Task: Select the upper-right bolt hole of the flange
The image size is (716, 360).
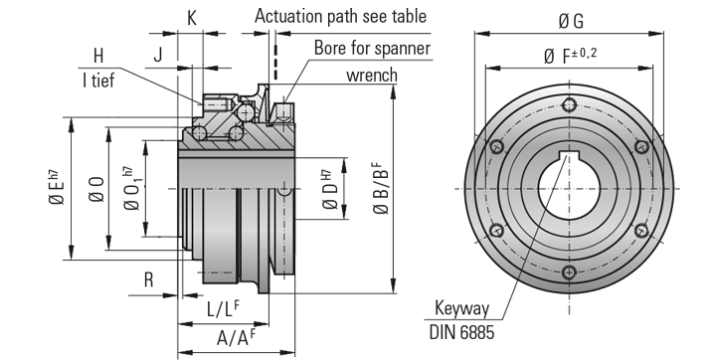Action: (x=640, y=147)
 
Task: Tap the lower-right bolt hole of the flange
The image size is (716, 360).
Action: (x=640, y=231)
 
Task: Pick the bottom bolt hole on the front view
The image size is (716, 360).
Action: (x=568, y=272)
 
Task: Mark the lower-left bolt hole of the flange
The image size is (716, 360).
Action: (x=495, y=231)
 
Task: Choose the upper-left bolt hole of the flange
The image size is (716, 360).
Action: (x=495, y=147)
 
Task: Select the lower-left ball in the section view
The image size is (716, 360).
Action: (x=200, y=133)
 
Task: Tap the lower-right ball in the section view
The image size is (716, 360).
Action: (x=238, y=133)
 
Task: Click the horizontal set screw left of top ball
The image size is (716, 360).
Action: (x=216, y=102)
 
